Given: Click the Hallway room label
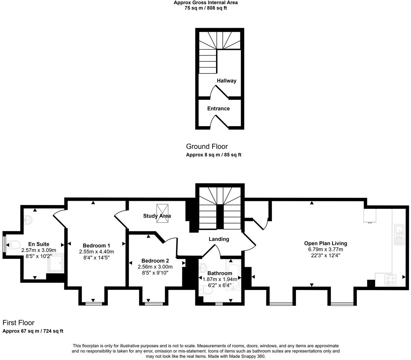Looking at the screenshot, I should point(226,81).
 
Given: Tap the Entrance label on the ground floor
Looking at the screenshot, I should point(218,109).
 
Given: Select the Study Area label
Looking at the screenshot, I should point(157,216).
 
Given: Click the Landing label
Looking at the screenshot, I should point(219,239).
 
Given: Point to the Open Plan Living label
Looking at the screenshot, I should point(325,243).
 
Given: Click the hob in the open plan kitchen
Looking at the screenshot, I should point(390,280).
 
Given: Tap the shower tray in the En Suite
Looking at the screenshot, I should point(56,263).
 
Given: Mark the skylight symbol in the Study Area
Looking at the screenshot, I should point(162,213).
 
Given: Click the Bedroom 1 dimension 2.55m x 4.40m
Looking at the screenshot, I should point(96,252).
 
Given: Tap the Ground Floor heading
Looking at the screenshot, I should point(207,147).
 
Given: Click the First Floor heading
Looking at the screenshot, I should point(18,323).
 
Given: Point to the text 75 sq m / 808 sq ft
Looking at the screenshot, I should point(205,8).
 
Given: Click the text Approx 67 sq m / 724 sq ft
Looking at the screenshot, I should point(33,331).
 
